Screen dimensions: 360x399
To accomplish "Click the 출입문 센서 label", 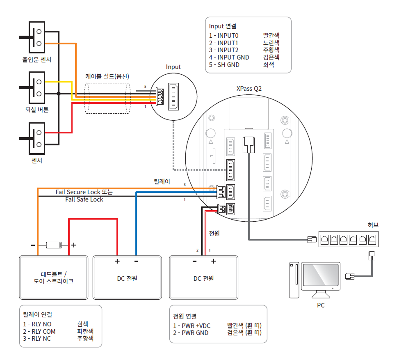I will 37,60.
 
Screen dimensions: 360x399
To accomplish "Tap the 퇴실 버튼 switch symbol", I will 37,87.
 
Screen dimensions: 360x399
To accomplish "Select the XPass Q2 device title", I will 249,88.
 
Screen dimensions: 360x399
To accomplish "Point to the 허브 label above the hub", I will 373,225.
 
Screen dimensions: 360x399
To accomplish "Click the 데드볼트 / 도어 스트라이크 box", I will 54,277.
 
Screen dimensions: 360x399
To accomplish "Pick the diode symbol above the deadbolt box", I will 53,245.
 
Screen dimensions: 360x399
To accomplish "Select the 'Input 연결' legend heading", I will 223,26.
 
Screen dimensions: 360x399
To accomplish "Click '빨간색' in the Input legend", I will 271,36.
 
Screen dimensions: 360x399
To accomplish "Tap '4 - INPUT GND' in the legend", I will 229,57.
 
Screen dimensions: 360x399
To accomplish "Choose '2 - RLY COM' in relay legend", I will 39,331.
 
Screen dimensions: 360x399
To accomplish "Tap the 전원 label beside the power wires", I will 214,234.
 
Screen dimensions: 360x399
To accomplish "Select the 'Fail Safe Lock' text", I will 84,199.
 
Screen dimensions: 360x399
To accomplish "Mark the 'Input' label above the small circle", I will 173,67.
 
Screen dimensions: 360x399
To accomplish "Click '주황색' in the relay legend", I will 85,339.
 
